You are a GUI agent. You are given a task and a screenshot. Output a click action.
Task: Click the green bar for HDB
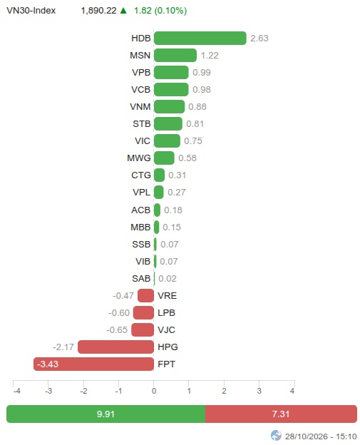200,38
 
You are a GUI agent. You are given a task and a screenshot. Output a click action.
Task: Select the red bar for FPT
93,364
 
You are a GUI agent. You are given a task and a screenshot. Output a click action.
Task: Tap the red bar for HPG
115,347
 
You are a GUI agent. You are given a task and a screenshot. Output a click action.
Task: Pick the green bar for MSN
175,56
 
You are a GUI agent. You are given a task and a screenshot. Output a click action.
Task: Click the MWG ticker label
139,158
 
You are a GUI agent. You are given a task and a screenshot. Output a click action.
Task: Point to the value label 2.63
259,39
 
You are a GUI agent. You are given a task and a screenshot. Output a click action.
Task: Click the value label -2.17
63,347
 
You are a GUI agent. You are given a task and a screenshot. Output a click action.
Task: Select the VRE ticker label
167,296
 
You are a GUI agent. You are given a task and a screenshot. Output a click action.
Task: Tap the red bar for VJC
143,329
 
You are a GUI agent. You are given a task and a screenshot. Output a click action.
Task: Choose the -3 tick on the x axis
48,391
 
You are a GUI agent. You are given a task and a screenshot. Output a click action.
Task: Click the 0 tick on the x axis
154,391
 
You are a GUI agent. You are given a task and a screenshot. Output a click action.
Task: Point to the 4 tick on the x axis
292,391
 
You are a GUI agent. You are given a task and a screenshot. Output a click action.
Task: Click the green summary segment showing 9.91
106,414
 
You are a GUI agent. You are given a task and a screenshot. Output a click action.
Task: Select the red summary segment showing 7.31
281,414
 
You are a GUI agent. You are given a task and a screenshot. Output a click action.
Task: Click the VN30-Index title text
31,11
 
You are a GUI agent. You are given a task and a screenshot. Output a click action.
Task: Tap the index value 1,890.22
98,11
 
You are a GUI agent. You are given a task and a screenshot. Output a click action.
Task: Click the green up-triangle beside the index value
123,11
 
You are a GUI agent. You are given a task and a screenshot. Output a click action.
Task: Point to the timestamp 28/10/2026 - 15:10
321,436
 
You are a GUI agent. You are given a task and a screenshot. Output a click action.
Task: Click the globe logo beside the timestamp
276,436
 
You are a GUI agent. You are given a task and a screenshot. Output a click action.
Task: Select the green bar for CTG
159,175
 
